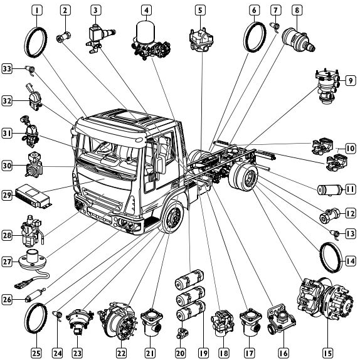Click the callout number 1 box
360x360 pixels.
click(x=37, y=10)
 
